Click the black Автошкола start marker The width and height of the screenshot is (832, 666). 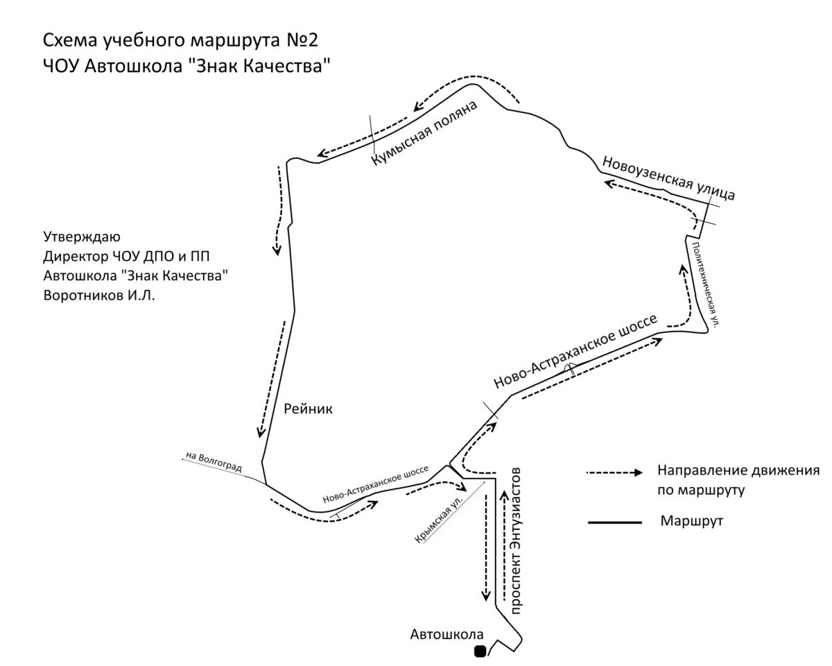pyautogui.click(x=480, y=651)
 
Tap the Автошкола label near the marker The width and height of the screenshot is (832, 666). pyautogui.click(x=447, y=634)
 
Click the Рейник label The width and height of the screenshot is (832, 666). pyautogui.click(x=308, y=409)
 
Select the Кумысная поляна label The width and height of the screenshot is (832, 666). pyautogui.click(x=424, y=133)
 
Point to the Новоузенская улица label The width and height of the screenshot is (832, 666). pyautogui.click(x=668, y=178)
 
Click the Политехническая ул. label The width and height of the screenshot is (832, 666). pyautogui.click(x=705, y=285)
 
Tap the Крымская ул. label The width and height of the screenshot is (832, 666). pyautogui.click(x=438, y=520)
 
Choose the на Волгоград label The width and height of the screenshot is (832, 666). pyautogui.click(x=214, y=461)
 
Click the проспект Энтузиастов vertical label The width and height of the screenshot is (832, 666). pyautogui.click(x=516, y=541)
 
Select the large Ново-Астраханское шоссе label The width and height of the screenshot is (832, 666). pyautogui.click(x=575, y=351)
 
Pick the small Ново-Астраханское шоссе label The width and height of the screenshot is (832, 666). pyautogui.click(x=375, y=484)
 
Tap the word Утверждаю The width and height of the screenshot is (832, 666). pyautogui.click(x=82, y=237)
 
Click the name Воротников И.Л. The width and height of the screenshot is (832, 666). pyautogui.click(x=99, y=296)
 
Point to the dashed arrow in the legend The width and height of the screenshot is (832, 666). pyautogui.click(x=614, y=472)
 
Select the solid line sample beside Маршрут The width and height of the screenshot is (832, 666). pyautogui.click(x=615, y=522)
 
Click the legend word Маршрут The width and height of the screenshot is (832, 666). pyautogui.click(x=691, y=521)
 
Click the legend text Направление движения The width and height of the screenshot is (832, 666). pyautogui.click(x=738, y=470)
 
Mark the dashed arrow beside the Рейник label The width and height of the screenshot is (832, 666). pyautogui.click(x=272, y=379)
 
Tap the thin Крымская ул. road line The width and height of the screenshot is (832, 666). pyautogui.click(x=454, y=512)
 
